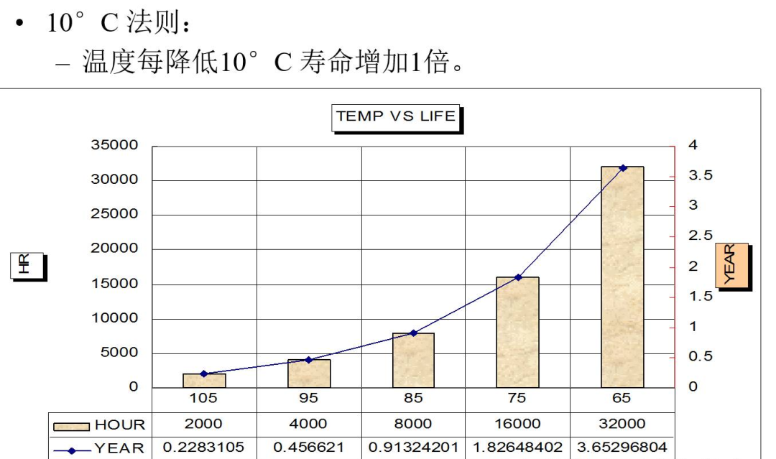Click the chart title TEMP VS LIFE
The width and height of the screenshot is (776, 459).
(395, 116)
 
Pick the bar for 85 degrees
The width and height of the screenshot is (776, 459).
(413, 360)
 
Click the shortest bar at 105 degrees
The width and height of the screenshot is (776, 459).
(204, 381)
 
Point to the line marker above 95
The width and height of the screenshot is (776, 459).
(309, 360)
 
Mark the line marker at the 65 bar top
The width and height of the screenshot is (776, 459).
(622, 167)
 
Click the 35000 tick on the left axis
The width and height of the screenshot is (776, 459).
(114, 145)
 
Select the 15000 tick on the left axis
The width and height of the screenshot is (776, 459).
(114, 284)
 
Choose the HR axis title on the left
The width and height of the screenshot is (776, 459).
(26, 265)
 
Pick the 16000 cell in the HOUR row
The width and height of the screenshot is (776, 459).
(517, 424)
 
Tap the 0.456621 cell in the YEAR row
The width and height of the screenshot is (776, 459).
(309, 447)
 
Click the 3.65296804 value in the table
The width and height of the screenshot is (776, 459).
(622, 447)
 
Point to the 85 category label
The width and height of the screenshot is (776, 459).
(413, 398)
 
